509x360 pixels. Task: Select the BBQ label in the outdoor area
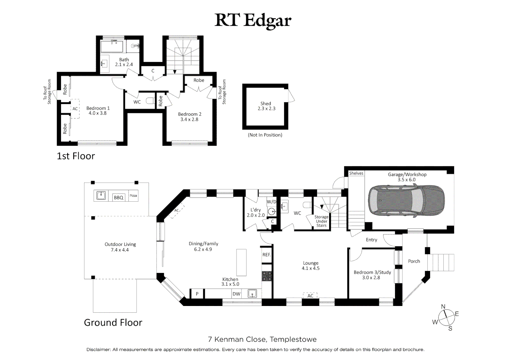click(x=119, y=197)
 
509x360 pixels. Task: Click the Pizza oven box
click(x=133, y=196)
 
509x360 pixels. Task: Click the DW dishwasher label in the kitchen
click(x=237, y=294)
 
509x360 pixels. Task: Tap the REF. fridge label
click(x=266, y=255)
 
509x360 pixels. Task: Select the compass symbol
click(x=446, y=318)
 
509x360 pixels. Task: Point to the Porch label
click(x=414, y=261)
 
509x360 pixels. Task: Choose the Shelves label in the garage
click(x=356, y=173)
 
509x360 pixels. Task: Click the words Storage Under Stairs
click(x=321, y=221)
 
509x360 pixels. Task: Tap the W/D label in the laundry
click(x=271, y=202)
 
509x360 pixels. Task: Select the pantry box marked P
click(x=197, y=294)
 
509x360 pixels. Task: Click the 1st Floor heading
click(x=76, y=156)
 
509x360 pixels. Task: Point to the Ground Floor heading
click(x=113, y=322)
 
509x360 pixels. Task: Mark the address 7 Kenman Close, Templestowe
click(x=262, y=339)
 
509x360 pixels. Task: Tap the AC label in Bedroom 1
click(x=75, y=109)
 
